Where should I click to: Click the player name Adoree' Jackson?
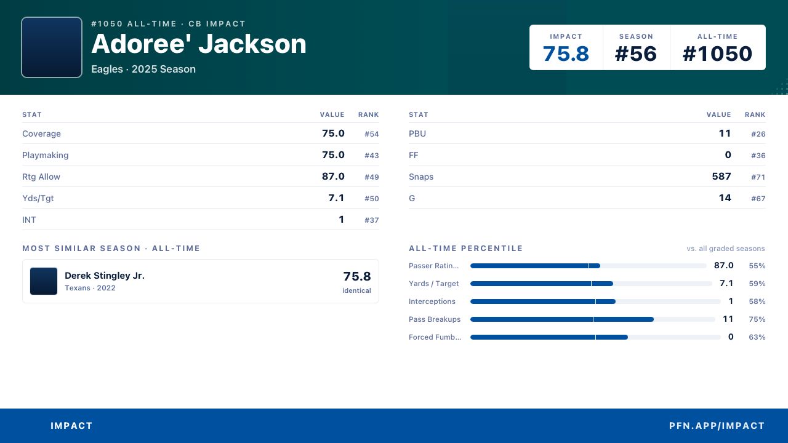[x=199, y=44]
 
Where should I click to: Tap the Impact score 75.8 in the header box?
[x=566, y=54]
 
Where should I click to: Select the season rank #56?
[x=636, y=54]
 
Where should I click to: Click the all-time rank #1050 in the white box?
[x=717, y=54]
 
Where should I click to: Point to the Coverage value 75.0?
[x=333, y=134]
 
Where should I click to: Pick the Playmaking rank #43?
[x=371, y=156]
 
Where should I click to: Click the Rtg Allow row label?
[x=41, y=177]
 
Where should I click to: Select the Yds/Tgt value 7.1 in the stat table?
[x=336, y=198]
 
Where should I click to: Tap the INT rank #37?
[x=371, y=220]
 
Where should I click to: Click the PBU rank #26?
[x=758, y=134]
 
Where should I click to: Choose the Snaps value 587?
[x=722, y=177]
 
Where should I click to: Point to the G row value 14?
[x=725, y=198]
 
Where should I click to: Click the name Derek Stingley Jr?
[x=105, y=276]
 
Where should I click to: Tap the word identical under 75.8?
[x=356, y=290]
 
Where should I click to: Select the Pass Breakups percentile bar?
[x=593, y=319]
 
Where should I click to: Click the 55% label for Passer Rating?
[x=757, y=266]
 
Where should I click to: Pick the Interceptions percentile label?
[x=432, y=301]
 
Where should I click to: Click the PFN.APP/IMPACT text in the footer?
[x=717, y=426]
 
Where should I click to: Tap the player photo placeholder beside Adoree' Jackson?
[x=52, y=47]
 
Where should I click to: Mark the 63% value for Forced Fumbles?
[x=757, y=337]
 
